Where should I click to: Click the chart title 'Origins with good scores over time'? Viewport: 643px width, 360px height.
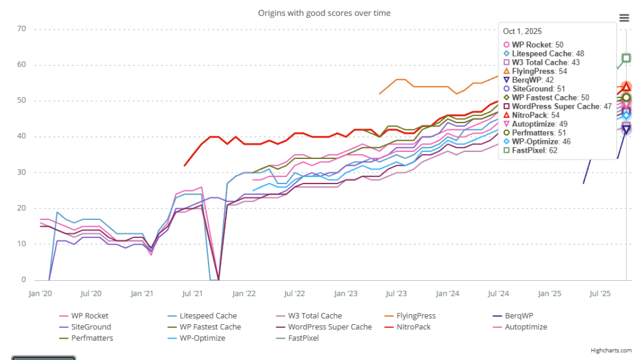pyautogui.click(x=324, y=13)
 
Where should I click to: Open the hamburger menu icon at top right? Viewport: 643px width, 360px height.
pyautogui.click(x=624, y=18)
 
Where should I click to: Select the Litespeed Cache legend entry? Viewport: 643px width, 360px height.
pyautogui.click(x=208, y=316)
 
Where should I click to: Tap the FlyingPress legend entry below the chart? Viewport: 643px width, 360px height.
pyautogui.click(x=412, y=316)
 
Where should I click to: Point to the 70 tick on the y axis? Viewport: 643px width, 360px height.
pyautogui.click(x=21, y=29)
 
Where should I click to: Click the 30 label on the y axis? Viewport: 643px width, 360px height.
pyautogui.click(x=21, y=172)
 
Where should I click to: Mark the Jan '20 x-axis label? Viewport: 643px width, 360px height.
pyautogui.click(x=41, y=293)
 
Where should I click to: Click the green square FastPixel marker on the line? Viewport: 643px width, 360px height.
pyautogui.click(x=626, y=58)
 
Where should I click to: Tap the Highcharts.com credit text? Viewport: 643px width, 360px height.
pyautogui.click(x=611, y=350)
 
